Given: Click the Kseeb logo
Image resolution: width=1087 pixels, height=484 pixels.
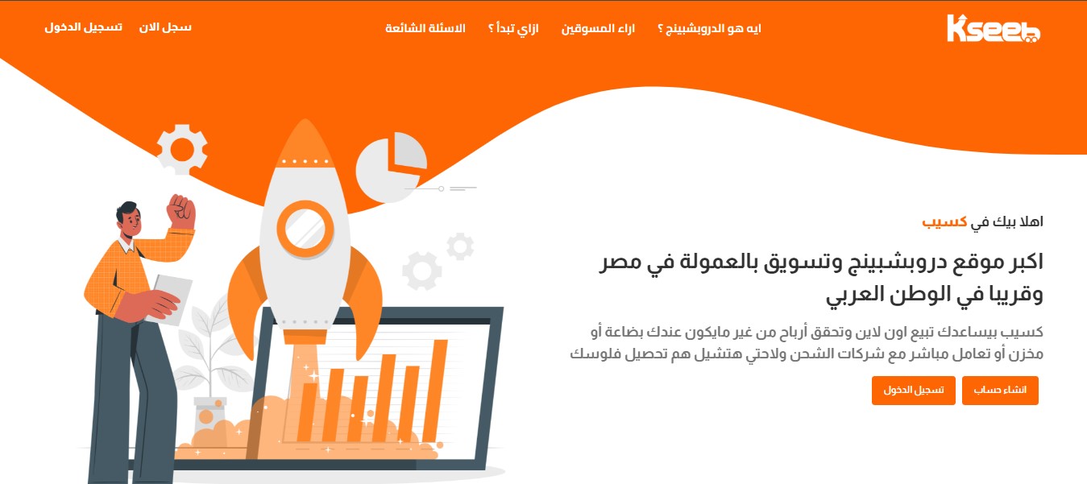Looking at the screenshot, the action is (x=993, y=29).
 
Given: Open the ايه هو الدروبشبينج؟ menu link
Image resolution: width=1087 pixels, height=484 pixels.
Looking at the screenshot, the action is (x=709, y=28).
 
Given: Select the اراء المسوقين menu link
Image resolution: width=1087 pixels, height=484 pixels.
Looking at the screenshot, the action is (x=598, y=28).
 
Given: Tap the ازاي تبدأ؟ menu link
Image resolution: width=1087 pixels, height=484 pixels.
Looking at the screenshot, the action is (x=513, y=28).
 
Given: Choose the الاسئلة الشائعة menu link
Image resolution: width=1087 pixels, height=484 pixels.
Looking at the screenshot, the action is (x=425, y=28).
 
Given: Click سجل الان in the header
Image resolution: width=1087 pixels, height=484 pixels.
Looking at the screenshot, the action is (x=165, y=27).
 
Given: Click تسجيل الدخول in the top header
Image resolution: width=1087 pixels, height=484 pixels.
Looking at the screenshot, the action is (x=84, y=27).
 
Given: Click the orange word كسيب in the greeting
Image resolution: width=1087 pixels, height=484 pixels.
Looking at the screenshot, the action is (x=944, y=222).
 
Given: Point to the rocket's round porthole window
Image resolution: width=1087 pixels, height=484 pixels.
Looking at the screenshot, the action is (x=305, y=229).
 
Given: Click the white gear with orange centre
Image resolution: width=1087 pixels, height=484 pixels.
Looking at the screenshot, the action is (x=182, y=149).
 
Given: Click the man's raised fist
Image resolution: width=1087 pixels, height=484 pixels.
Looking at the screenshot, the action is (x=181, y=212).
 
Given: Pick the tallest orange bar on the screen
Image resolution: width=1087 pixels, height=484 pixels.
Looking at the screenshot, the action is (x=435, y=391).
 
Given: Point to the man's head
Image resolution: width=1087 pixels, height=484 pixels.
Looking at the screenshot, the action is (x=129, y=220).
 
